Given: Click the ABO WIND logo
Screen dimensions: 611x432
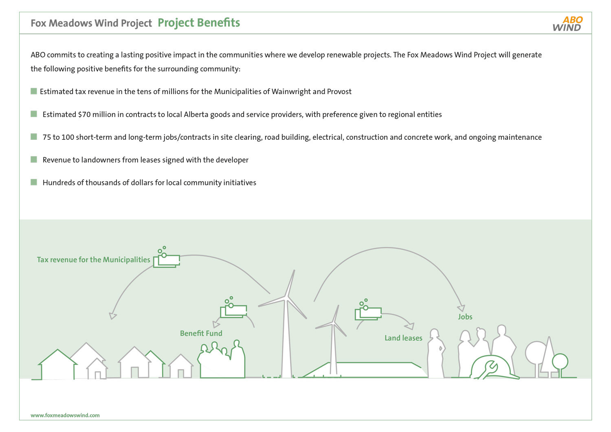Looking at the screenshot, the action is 567,24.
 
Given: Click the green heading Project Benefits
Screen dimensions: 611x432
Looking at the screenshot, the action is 199,23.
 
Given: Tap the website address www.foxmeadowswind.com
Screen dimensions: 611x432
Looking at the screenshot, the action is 65,415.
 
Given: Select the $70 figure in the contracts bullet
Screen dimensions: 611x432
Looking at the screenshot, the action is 84,115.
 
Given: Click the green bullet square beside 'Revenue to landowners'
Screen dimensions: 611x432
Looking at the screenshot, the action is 34,159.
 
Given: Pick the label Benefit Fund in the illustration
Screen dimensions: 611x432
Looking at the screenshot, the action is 201,333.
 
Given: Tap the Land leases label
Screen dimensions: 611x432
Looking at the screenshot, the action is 403,338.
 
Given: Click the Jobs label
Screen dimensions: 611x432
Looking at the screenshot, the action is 465,317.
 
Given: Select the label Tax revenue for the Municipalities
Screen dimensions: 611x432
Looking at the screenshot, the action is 94,260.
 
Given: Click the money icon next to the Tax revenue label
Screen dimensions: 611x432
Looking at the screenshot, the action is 166,257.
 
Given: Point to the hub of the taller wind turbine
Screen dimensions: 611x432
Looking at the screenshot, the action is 286,298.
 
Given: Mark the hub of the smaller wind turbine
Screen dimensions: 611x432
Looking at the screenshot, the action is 333,323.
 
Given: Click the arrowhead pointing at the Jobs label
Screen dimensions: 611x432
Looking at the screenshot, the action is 461,308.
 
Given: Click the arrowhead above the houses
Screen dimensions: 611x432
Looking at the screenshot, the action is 113,316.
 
